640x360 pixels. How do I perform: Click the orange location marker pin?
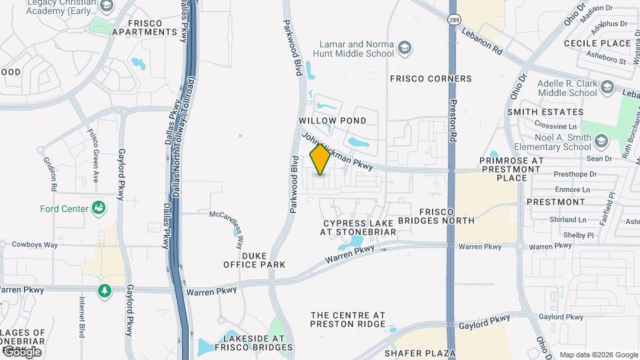pyautogui.click(x=320, y=159)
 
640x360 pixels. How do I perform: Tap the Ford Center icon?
pyautogui.click(x=99, y=209)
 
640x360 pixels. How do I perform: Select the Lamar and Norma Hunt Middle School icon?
pyautogui.click(x=404, y=48)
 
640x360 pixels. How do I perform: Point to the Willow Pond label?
pyautogui.click(x=333, y=121)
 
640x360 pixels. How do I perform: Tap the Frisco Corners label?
pyautogui.click(x=431, y=79)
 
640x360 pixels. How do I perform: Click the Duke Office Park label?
pyautogui.click(x=255, y=260)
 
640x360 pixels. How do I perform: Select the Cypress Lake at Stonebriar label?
pyautogui.click(x=358, y=227)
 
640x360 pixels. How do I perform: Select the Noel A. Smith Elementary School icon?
pyautogui.click(x=602, y=141)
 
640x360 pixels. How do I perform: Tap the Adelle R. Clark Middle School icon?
pyautogui.click(x=607, y=87)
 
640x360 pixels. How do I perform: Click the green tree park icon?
pyautogui.click(x=104, y=291)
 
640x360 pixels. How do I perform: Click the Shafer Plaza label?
pyautogui.click(x=423, y=353)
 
